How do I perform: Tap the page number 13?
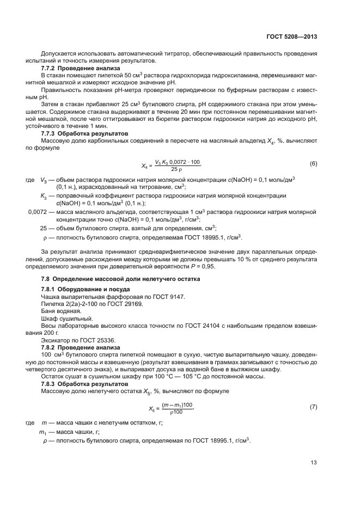tap(314, 463)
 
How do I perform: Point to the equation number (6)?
tap(313, 164)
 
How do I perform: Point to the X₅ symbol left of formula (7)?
tap(152, 407)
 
